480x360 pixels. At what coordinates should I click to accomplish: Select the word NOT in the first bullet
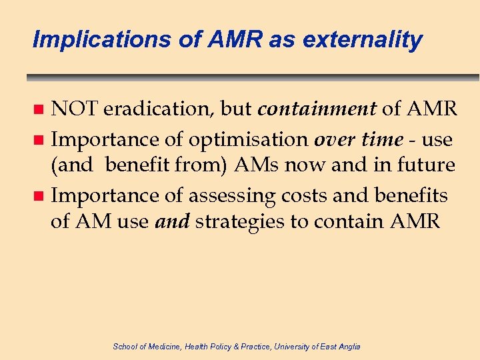75,109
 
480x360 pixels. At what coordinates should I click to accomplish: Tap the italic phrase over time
359,140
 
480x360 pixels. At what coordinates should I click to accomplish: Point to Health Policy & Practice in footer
221,346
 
